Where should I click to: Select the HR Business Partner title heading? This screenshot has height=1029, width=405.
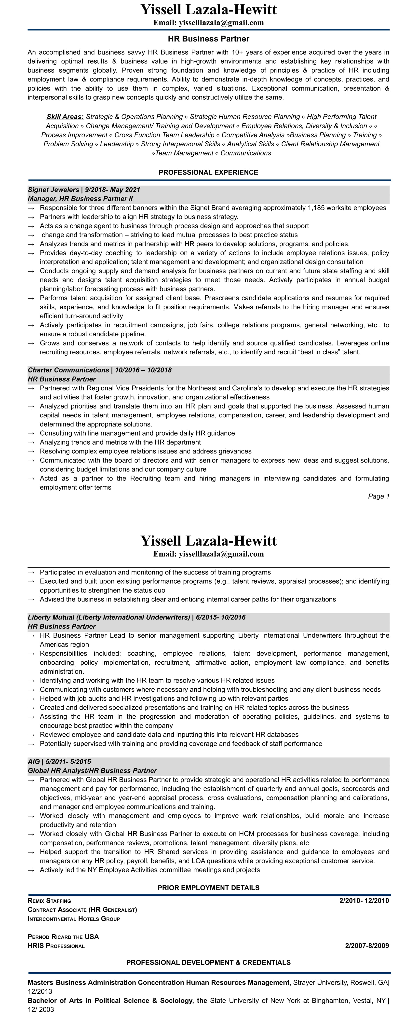[x=208, y=39]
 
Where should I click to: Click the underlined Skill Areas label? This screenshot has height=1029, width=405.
[x=65, y=117]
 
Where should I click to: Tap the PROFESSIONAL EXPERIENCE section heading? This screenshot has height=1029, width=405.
[x=208, y=173]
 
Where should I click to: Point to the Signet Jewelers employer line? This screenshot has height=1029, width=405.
[x=84, y=190]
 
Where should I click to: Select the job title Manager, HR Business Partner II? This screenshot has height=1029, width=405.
[x=80, y=199]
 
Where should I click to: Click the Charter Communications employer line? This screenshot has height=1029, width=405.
[x=99, y=370]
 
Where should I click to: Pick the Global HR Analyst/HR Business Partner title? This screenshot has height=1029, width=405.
[x=92, y=770]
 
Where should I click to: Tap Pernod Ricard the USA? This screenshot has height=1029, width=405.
[x=63, y=937]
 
